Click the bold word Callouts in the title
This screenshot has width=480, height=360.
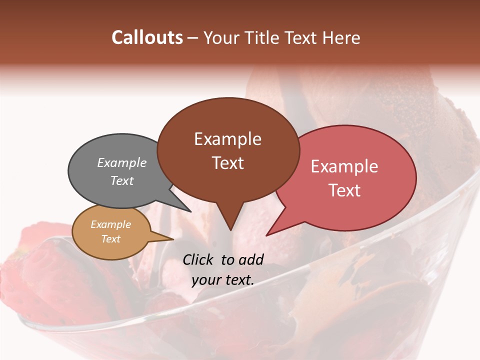pos(147,37)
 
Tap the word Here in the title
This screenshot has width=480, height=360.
pos(342,37)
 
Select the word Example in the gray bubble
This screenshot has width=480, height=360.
pos(122,162)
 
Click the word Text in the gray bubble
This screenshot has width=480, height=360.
pos(122,180)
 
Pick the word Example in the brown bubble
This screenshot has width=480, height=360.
pos(227,139)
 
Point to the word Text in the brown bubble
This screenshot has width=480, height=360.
pos(228,163)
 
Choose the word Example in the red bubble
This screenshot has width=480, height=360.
pos(344,166)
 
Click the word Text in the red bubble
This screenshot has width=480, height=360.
pos(345,190)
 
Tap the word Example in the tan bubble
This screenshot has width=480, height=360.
pos(110,224)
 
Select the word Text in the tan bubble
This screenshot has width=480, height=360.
pos(110,239)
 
